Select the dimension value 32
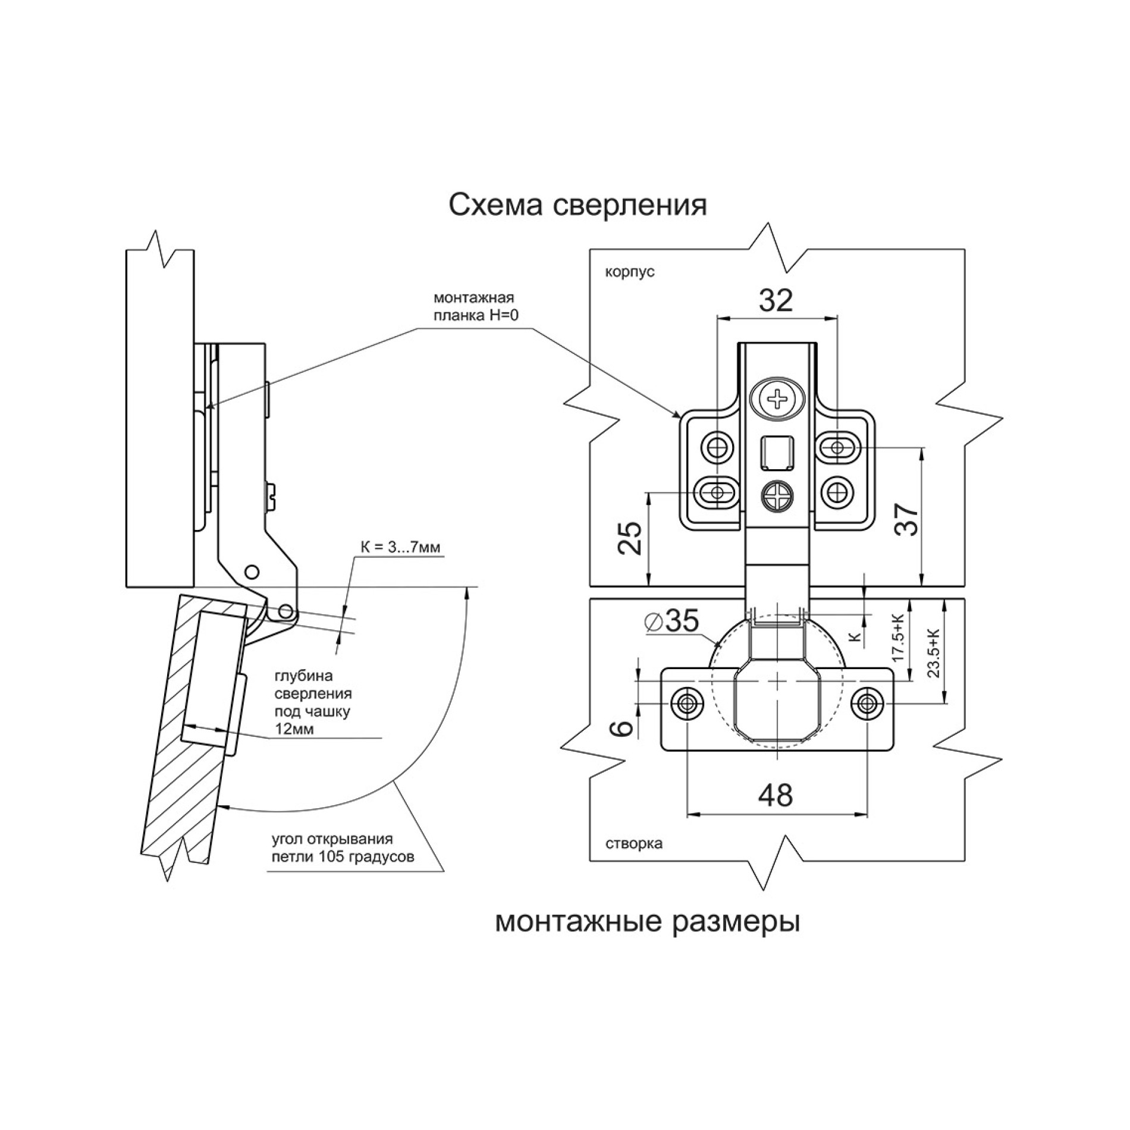776,300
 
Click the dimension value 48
776,795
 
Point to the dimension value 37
908,520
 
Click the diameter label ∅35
672,621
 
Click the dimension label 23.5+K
933,653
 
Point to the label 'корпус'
630,272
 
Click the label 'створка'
634,843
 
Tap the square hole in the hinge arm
777,452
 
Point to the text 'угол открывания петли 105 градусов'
342,847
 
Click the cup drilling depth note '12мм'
294,729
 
